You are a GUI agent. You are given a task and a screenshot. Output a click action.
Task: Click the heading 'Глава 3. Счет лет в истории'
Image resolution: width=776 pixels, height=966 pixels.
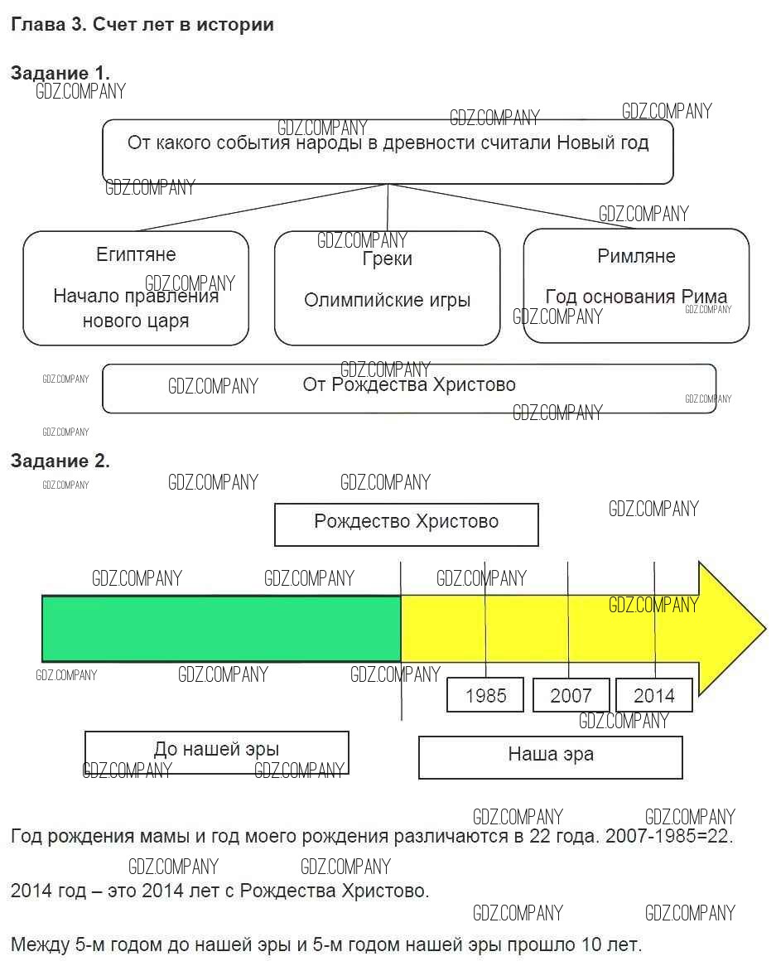pos(142,25)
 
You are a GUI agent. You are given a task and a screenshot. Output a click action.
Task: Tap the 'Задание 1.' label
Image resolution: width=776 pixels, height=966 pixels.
pos(60,73)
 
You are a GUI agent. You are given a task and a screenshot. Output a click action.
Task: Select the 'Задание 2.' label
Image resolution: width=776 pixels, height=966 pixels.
pos(60,461)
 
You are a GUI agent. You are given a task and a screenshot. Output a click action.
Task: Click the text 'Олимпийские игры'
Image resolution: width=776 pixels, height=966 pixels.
pos(387,300)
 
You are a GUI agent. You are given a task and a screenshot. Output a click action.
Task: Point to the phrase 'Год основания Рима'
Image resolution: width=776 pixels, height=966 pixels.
pos(636,297)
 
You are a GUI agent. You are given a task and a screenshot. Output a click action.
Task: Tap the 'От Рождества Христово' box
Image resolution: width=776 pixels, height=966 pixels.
pos(409,388)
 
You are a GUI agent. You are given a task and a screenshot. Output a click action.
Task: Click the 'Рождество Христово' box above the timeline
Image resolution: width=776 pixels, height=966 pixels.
pos(406,524)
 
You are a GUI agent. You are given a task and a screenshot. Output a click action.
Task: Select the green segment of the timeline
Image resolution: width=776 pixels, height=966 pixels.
pos(221,628)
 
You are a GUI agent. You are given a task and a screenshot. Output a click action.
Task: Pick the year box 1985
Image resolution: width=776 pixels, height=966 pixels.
pos(485,695)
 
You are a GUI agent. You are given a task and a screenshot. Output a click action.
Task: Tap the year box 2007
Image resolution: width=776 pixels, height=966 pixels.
pos(571,695)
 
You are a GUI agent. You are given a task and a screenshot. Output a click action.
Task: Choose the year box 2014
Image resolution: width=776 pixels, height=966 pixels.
pos(654,695)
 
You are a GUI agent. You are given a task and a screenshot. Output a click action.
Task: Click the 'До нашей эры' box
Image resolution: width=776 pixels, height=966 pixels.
pos(217,751)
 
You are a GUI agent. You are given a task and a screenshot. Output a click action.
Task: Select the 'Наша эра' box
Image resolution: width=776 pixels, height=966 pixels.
pos(550,756)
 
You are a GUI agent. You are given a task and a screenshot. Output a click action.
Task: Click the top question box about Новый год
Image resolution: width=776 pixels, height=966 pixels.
pos(388,151)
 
